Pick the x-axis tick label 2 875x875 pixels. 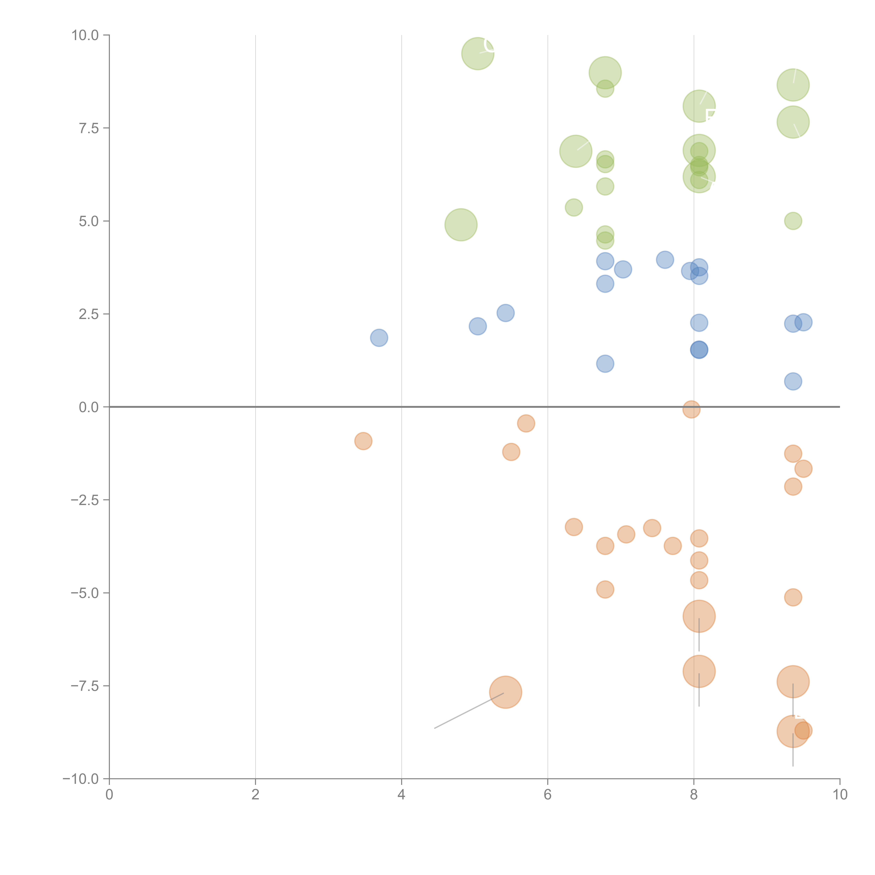(255, 795)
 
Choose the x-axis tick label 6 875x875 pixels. (548, 795)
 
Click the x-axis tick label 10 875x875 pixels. (840, 795)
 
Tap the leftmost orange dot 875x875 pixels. (363, 441)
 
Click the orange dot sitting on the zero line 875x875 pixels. (691, 409)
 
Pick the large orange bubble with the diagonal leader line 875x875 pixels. (505, 692)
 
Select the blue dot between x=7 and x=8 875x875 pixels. (665, 260)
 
